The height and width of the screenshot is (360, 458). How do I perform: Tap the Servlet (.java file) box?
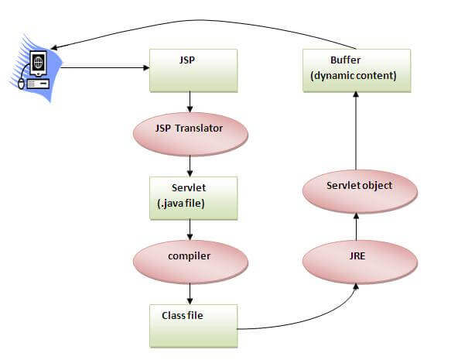click(x=192, y=198)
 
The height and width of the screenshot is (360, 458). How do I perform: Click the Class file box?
click(x=192, y=324)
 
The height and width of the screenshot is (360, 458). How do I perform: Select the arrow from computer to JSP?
click(x=104, y=68)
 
